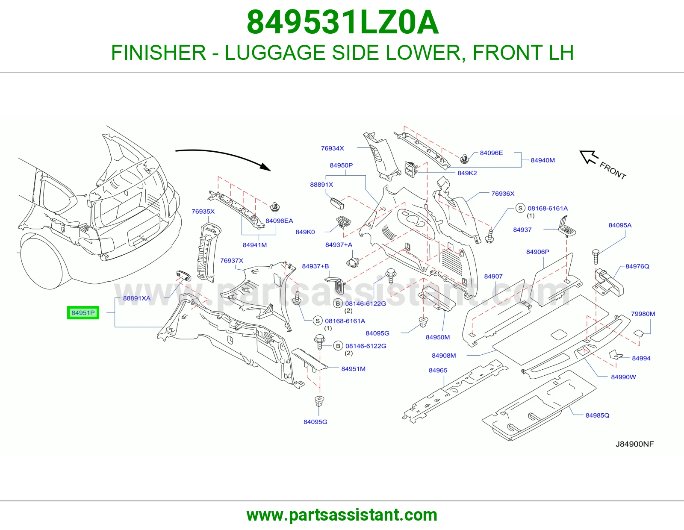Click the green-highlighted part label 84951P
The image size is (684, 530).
pos(83,312)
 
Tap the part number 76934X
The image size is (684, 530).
pos(333,148)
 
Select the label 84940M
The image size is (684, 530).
pos(542,160)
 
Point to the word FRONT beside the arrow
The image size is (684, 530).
pos(613,171)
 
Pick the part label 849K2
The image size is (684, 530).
pos(467,173)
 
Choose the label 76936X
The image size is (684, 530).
pos(503,194)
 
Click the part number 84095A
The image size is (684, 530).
pos(620,225)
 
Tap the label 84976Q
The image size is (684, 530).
pos(637,266)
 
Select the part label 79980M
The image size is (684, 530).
pos(643,314)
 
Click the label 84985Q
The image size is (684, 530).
pos(597,415)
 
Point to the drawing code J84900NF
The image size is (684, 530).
pos(634,444)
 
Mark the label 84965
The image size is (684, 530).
pos(438,371)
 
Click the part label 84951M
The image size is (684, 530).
pos(353,369)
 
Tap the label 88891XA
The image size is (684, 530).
pos(137,298)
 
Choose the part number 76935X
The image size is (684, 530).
pos(203,212)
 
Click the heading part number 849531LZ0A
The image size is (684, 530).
pos(342,23)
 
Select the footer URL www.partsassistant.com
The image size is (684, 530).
pos(342,515)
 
